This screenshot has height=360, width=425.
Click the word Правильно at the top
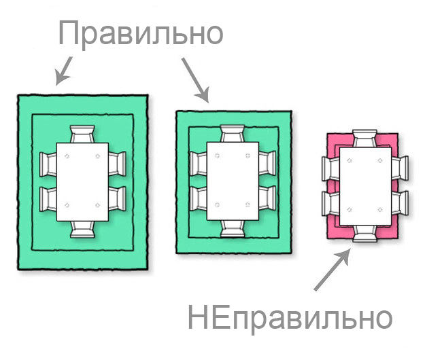[x=141, y=33]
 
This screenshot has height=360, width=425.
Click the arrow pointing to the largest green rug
[x=64, y=71]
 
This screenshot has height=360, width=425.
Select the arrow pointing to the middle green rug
[x=196, y=80]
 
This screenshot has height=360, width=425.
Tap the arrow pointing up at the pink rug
[x=332, y=270]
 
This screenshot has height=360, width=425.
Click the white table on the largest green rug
[x=82, y=182]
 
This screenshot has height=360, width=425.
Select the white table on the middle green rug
[x=233, y=181]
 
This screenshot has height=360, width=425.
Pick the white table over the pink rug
[x=365, y=186]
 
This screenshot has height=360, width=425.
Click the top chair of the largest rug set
[x=82, y=134]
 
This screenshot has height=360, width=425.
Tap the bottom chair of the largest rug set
[x=82, y=230]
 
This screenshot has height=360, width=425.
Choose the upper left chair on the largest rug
[x=48, y=164]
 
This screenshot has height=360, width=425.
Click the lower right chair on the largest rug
[x=118, y=199]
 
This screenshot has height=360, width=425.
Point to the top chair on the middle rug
[x=233, y=133]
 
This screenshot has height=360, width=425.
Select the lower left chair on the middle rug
[x=199, y=198]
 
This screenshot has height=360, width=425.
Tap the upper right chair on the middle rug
[x=267, y=164]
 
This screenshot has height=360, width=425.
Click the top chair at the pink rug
[x=365, y=139]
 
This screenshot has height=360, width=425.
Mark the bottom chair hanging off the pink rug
[x=365, y=234]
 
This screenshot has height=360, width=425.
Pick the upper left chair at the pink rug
[x=331, y=168]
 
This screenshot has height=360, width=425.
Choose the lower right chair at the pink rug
[x=401, y=203]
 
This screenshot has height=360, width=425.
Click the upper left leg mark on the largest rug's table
[x=67, y=156]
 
